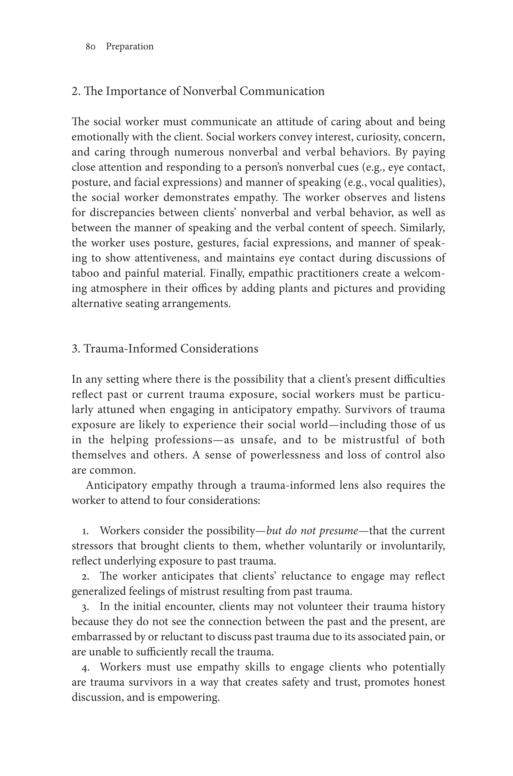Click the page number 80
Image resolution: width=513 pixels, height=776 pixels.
click(x=90, y=47)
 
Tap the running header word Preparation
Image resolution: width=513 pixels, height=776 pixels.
click(x=129, y=47)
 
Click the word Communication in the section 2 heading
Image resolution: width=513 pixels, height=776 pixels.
click(x=282, y=91)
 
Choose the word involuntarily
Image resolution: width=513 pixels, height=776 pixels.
click(x=413, y=546)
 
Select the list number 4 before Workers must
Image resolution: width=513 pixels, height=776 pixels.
click(x=85, y=667)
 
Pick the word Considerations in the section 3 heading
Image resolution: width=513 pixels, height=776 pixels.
click(x=219, y=349)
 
